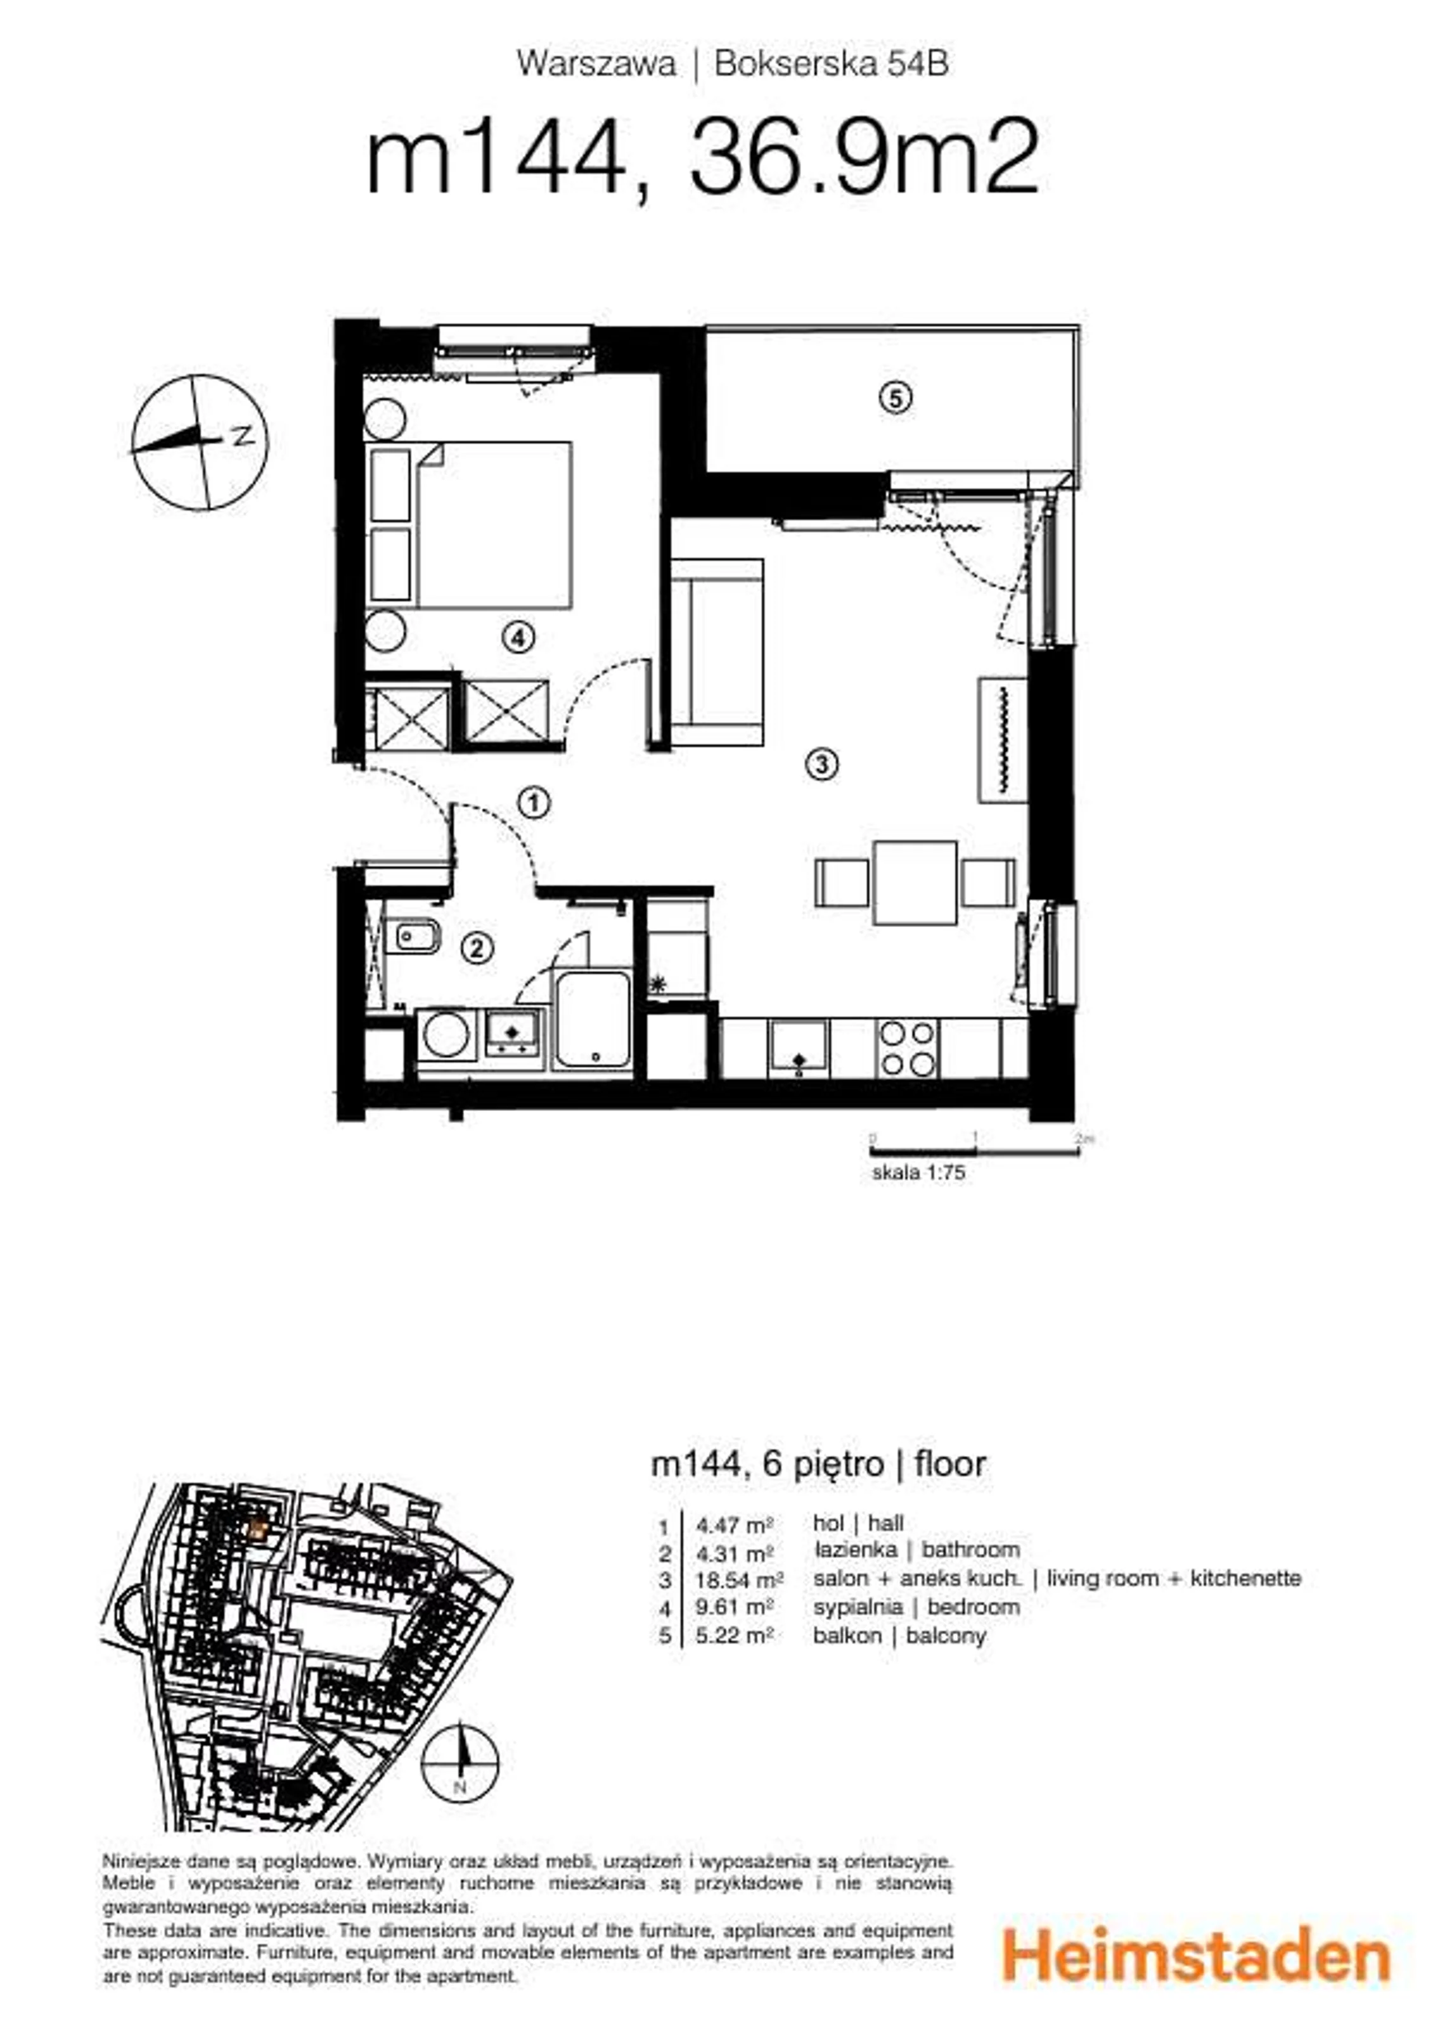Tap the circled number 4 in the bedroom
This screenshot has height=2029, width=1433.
pyautogui.click(x=518, y=636)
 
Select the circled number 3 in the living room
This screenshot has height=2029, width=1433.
pyautogui.click(x=821, y=763)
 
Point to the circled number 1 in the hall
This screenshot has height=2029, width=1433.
pyautogui.click(x=534, y=803)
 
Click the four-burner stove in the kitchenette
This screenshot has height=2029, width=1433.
pyautogui.click(x=908, y=1048)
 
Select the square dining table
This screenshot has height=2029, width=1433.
pyautogui.click(x=915, y=883)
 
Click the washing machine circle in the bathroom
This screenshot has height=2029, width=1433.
pyautogui.click(x=446, y=1035)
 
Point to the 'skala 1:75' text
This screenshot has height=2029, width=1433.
pyautogui.click(x=918, y=1172)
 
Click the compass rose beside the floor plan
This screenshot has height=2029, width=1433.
pyautogui.click(x=199, y=442)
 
